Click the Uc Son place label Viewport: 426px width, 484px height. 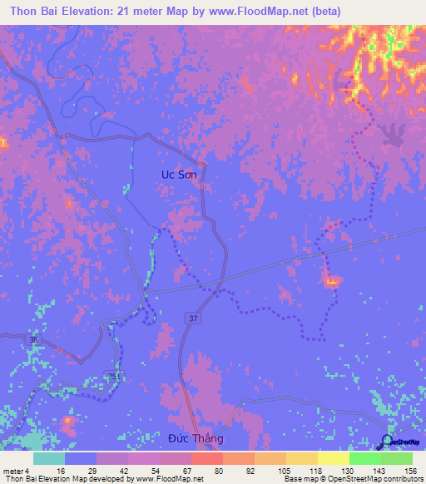[x=179, y=175]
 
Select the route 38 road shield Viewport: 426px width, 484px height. [x=33, y=339]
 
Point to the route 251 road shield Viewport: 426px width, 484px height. [x=110, y=377]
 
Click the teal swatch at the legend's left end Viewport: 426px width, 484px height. [x=49, y=458]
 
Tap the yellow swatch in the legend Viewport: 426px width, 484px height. [x=334, y=458]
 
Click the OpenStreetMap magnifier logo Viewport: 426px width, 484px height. [x=386, y=442]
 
